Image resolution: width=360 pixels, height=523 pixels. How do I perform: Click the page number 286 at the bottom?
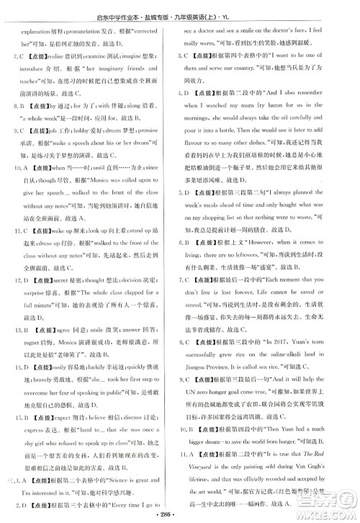pos(180,515)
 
